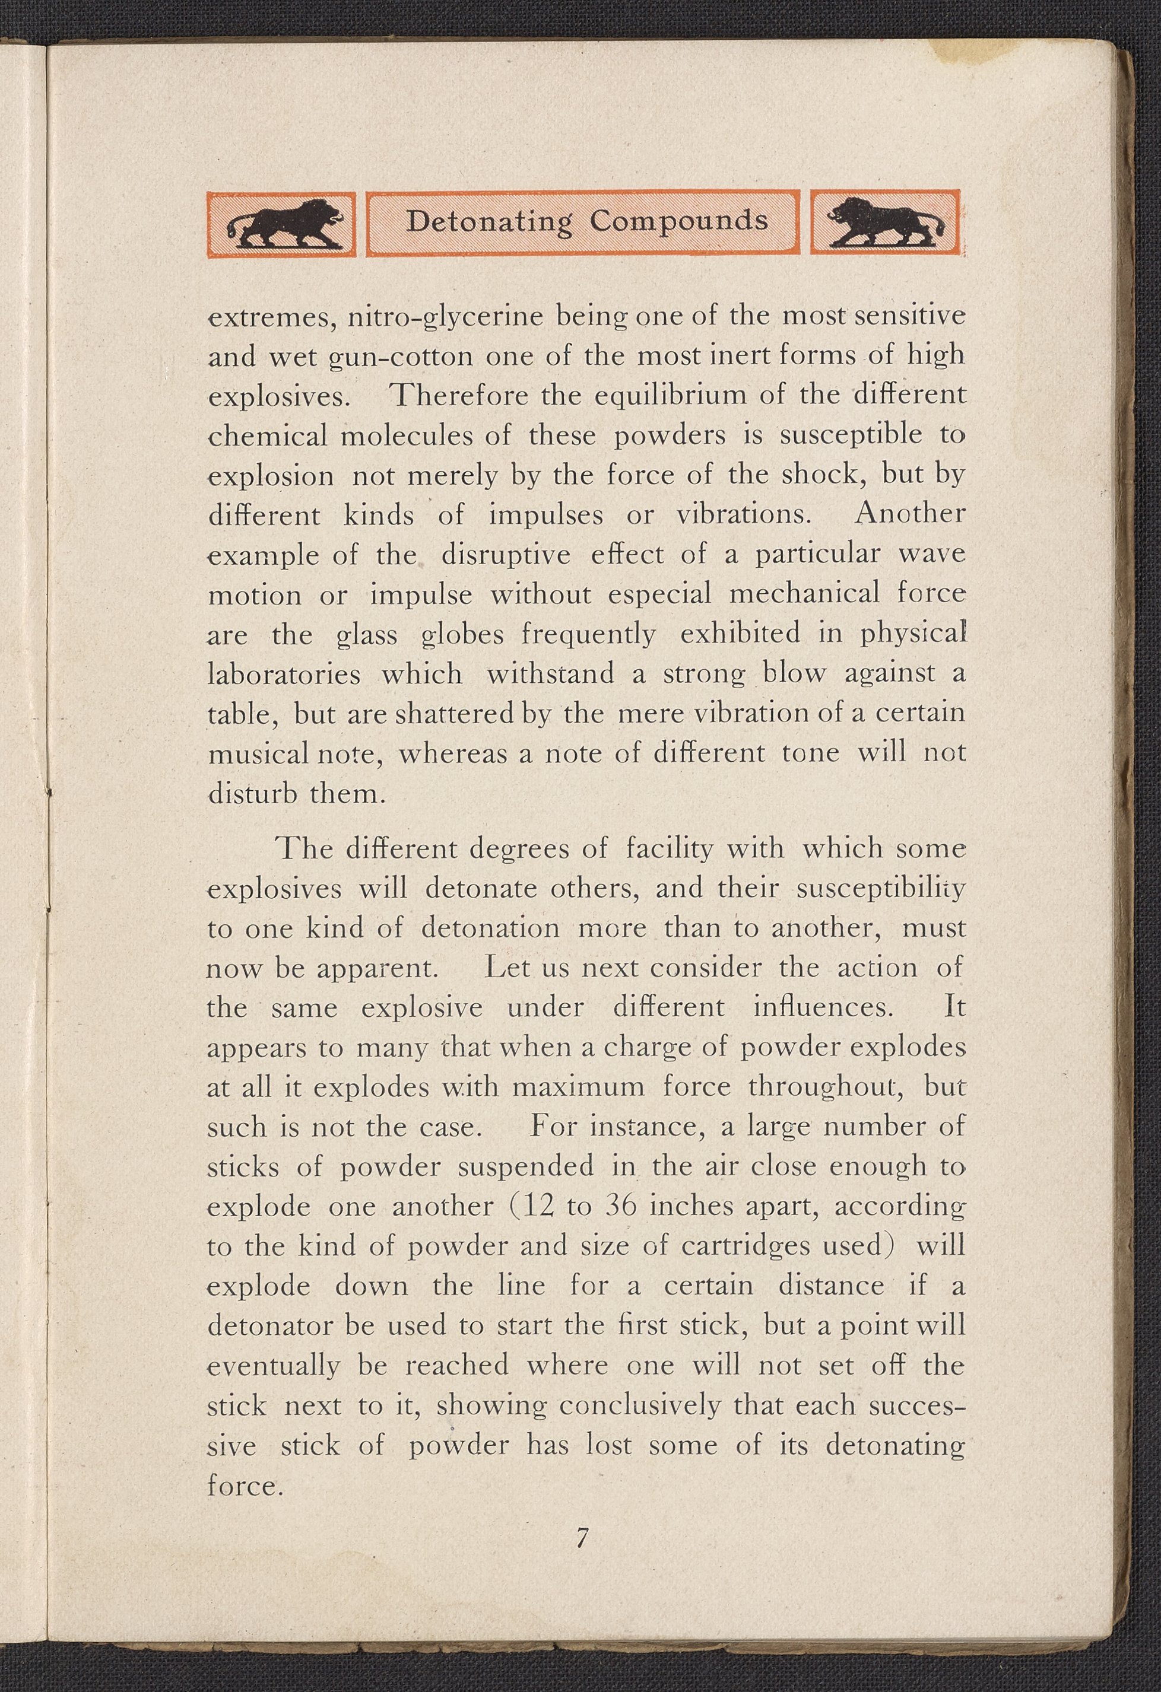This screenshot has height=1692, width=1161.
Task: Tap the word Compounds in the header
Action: [679, 221]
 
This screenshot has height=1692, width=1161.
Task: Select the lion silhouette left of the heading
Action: [283, 224]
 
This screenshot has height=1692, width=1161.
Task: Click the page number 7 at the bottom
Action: [581, 1538]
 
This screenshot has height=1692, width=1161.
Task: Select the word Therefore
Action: [459, 397]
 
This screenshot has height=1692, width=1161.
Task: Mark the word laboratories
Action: [284, 674]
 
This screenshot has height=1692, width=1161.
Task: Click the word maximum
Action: [578, 1087]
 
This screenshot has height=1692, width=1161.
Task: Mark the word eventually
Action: [274, 1366]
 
